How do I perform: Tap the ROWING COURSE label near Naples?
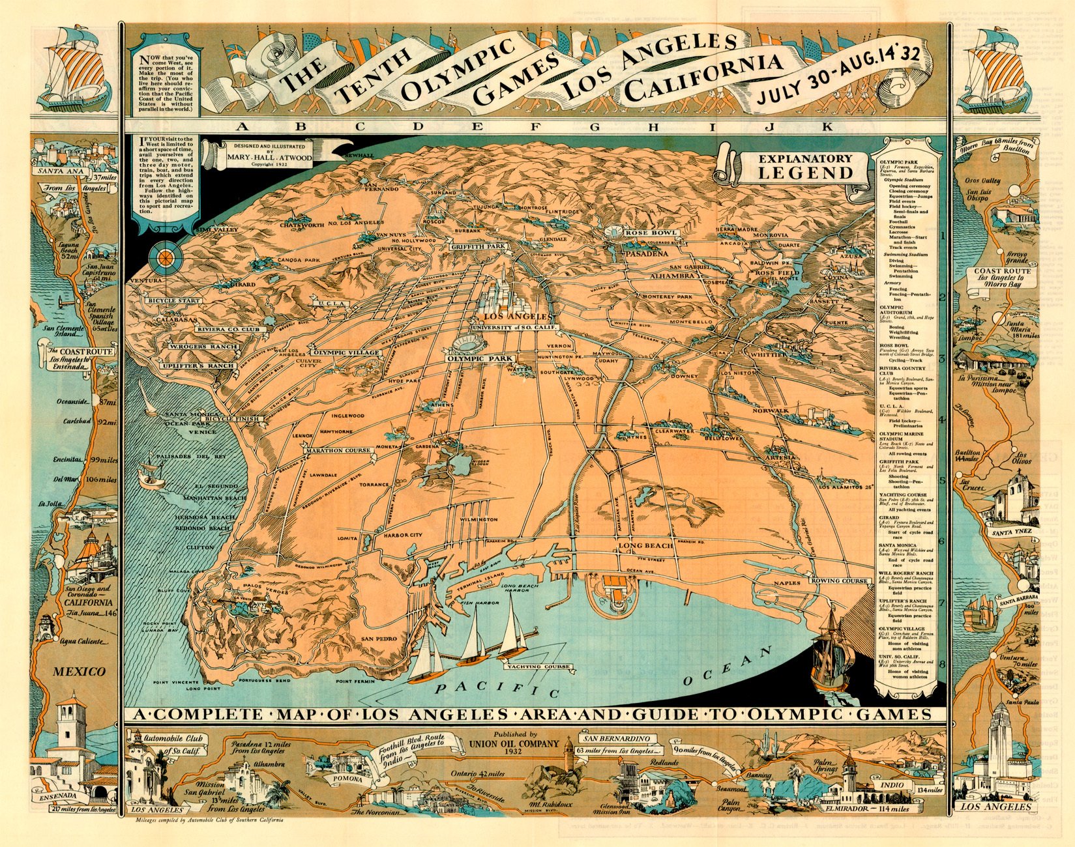click(839, 580)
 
